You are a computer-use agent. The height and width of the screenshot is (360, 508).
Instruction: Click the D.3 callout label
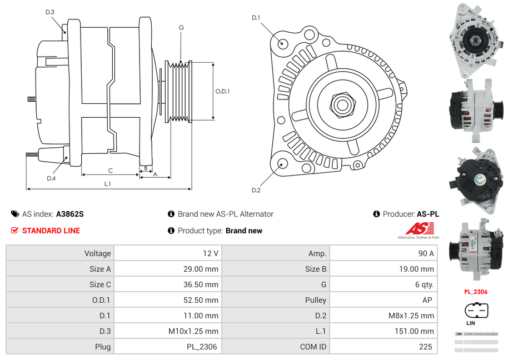pyautogui.click(x=49, y=12)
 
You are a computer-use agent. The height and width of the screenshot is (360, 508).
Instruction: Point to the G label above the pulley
pyautogui.click(x=181, y=27)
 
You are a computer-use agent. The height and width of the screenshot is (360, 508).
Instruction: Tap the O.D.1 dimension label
pyautogui.click(x=222, y=91)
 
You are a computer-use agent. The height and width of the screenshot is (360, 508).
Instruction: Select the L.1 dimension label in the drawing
pyautogui.click(x=107, y=183)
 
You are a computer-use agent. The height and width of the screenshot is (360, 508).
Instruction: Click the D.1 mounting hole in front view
pyautogui.click(x=282, y=43)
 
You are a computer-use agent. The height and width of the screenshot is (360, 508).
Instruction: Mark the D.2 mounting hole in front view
pyautogui.click(x=282, y=163)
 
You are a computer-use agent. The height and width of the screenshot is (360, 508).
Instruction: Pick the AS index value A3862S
pyautogui.click(x=69, y=214)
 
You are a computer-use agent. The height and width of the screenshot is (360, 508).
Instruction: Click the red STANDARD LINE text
pyautogui.click(x=51, y=231)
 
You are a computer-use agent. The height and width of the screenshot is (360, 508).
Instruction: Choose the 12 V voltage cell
pyautogui.click(x=167, y=253)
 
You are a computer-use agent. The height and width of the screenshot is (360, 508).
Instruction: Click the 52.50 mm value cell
pyautogui.click(x=167, y=300)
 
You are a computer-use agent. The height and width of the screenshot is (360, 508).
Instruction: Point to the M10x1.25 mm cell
pyautogui.click(x=167, y=331)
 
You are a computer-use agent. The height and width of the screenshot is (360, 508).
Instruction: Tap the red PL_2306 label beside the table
pyautogui.click(x=476, y=292)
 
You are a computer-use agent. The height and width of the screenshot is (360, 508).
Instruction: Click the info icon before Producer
pyautogui.click(x=376, y=214)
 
